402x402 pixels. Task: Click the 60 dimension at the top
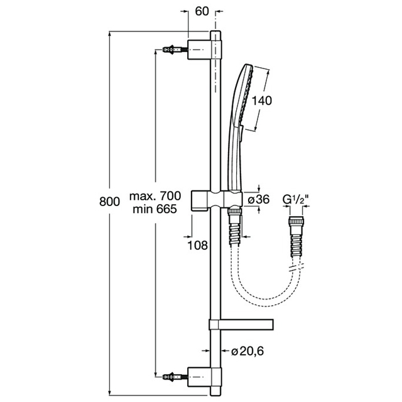pyautogui.click(x=202, y=11)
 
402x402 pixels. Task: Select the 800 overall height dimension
pyautogui.click(x=109, y=202)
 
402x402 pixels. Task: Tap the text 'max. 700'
pyautogui.click(x=155, y=196)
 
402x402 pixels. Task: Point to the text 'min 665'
pyautogui.click(x=155, y=209)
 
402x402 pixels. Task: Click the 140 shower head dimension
pyautogui.click(x=261, y=100)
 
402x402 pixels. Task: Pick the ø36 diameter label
pyautogui.click(x=259, y=200)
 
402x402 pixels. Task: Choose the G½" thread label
pyautogui.click(x=295, y=200)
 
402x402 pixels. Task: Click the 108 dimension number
pyautogui.click(x=198, y=246)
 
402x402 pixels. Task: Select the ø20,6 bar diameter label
pyautogui.click(x=247, y=351)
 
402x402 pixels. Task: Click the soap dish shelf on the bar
pyautogui.click(x=241, y=325)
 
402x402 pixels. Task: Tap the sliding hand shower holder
pyautogui.click(x=217, y=201)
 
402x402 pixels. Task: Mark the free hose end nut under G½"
pyautogui.click(x=296, y=221)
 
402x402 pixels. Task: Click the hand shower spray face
pyautogui.click(x=246, y=95)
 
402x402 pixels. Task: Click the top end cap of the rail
pyautogui.click(x=215, y=35)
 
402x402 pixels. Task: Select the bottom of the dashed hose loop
pyautogui.click(x=266, y=303)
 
